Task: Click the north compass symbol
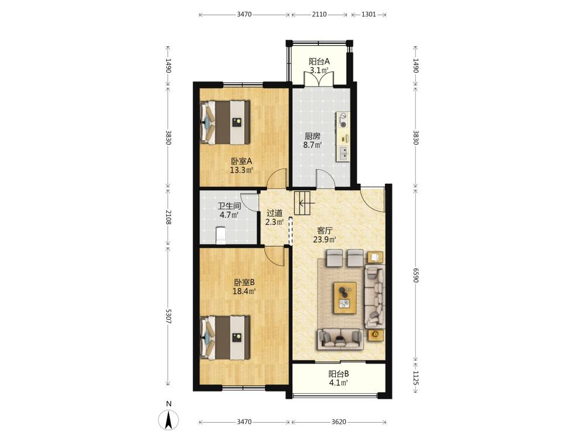tap(168, 420)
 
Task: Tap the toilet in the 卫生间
tap(221, 235)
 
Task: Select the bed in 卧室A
tap(225, 122)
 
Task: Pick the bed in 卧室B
tap(225, 338)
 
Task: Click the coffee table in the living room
tap(345, 298)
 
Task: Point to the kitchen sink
tap(343, 153)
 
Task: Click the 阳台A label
tap(319, 61)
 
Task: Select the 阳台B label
tap(339, 373)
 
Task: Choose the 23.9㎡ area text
tap(325, 239)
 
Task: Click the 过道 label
tap(274, 213)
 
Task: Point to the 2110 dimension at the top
tap(319, 14)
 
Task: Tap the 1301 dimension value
tap(369, 14)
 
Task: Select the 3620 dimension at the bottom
tap(339, 422)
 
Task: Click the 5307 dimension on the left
tap(168, 316)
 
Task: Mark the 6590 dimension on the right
tap(416, 275)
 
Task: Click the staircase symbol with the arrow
tap(302, 203)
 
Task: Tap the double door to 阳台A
tap(319, 78)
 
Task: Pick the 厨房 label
tap(312, 136)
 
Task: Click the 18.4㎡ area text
tap(245, 291)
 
